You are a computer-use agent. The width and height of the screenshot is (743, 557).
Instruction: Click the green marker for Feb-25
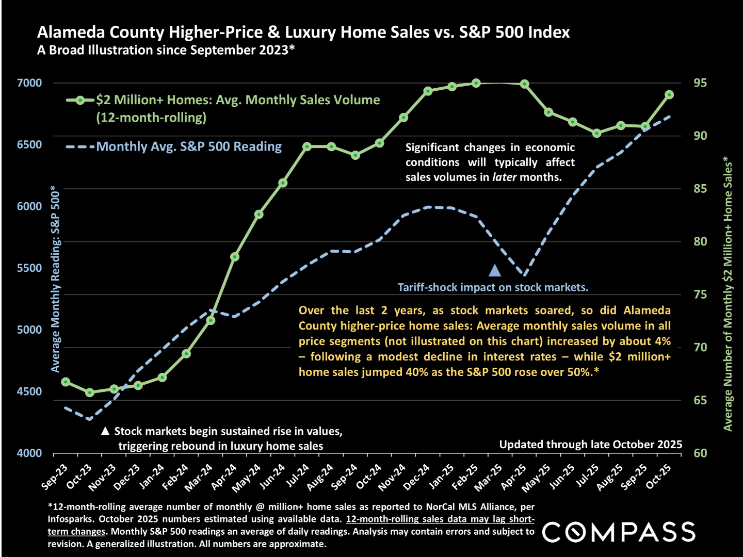click(x=476, y=83)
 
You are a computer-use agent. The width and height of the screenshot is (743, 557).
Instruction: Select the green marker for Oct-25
click(x=669, y=94)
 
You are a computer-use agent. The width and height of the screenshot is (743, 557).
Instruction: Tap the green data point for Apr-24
click(x=235, y=257)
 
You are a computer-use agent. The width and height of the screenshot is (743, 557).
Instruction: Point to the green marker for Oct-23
click(x=90, y=392)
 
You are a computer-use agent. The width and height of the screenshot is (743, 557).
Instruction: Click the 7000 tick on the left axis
click(x=29, y=83)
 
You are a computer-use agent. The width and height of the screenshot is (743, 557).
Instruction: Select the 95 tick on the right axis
click(x=700, y=83)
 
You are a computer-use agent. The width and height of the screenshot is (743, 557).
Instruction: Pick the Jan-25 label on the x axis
click(x=442, y=476)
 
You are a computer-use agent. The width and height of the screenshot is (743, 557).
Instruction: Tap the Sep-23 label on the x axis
click(x=55, y=476)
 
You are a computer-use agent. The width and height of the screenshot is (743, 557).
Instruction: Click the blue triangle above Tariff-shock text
click(x=495, y=270)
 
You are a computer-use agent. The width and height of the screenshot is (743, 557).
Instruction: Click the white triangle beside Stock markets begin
click(x=105, y=431)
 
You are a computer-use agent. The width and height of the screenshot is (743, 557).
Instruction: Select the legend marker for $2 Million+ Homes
click(x=80, y=100)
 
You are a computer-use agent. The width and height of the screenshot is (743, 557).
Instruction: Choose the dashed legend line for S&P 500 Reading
click(x=80, y=147)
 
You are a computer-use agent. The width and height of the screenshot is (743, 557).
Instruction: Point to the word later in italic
click(x=504, y=177)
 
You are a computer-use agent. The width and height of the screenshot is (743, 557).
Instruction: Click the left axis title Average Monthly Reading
click(x=55, y=279)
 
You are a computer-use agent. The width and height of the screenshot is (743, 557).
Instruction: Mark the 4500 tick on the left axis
click(x=29, y=391)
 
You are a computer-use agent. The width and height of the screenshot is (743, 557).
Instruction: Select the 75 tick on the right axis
click(x=700, y=294)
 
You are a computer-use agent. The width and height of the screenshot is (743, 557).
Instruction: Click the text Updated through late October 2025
click(x=590, y=445)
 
